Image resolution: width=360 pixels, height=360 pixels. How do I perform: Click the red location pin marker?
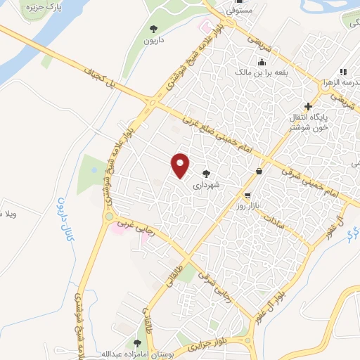pos(181,165)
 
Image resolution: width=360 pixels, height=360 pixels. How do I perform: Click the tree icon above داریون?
pos(154,29)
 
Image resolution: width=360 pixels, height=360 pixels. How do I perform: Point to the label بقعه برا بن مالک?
pos(241,72)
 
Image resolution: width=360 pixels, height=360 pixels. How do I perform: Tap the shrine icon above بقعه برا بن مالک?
pos(241,62)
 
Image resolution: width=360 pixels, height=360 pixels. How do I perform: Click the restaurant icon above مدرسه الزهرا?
pos(343,72)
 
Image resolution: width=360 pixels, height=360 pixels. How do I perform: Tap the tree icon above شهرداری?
pos(206,174)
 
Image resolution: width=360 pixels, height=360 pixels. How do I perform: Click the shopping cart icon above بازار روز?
pos(247,195)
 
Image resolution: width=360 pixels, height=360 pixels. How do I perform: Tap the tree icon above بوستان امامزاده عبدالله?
pos(136,342)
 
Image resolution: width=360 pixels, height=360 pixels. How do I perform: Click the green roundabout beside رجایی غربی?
pos(110,216)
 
